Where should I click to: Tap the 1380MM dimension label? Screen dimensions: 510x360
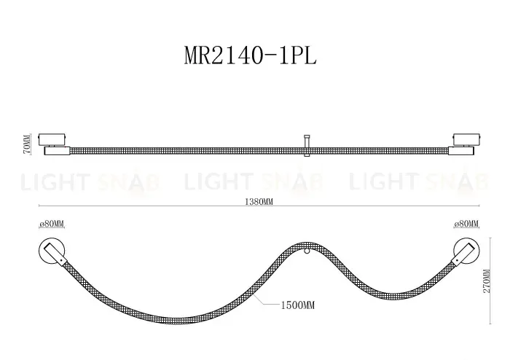click(259, 202)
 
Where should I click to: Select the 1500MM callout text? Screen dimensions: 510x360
click(297, 305)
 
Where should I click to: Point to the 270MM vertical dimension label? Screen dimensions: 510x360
click(486, 281)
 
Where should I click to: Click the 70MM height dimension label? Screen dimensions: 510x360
click(28, 144)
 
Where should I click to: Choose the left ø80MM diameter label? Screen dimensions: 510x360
click(52, 224)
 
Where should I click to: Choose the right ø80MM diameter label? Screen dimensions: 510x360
click(466, 224)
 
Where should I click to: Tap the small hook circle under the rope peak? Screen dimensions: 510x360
click(307, 251)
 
